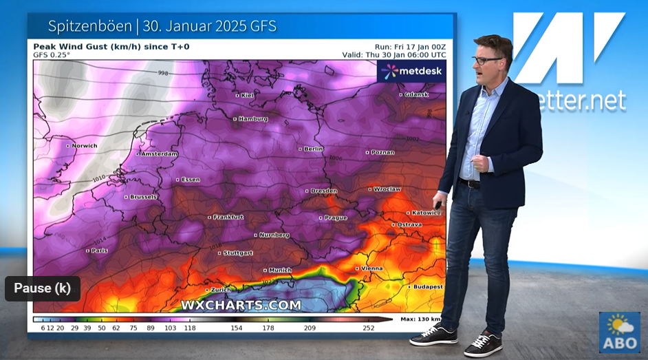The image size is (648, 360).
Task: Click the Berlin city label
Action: pyautogui.click(x=313, y=149)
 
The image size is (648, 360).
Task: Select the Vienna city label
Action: pyautogui.click(x=371, y=268)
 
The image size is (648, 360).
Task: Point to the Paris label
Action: pyautogui.click(x=99, y=251)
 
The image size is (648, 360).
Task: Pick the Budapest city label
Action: pyautogui.click(x=426, y=286)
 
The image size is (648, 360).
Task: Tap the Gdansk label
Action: pyautogui.click(x=417, y=94)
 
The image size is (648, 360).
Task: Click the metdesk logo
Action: pyautogui.click(x=411, y=70)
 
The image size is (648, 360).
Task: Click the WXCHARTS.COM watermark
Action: pyautogui.click(x=240, y=304)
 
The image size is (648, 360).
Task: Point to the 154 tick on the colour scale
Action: pyautogui.click(x=236, y=328)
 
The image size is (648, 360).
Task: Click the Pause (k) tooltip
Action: pyautogui.click(x=42, y=288)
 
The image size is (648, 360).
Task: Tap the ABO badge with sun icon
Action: pyautogui.click(x=619, y=332)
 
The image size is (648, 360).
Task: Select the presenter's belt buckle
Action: pyautogui.click(x=471, y=184)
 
